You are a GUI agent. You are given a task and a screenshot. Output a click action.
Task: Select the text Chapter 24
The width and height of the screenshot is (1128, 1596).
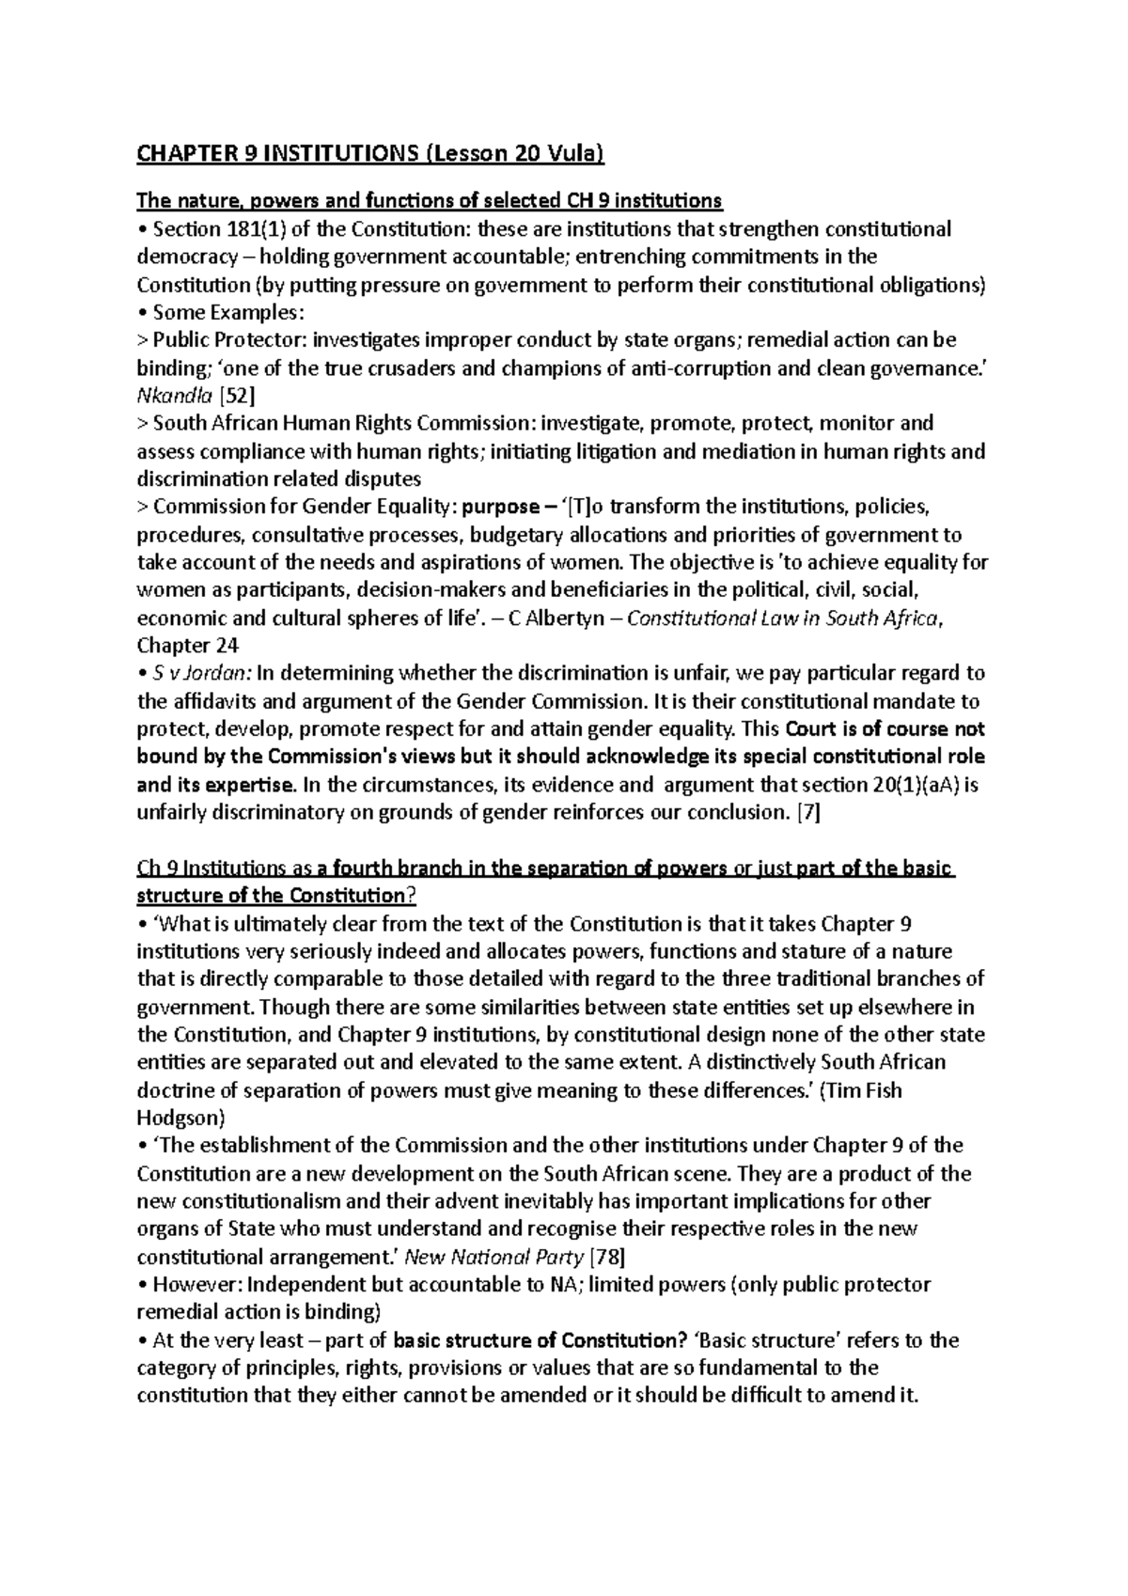tap(188, 647)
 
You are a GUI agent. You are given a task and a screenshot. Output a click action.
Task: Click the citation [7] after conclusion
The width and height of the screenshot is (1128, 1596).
tap(807, 813)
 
